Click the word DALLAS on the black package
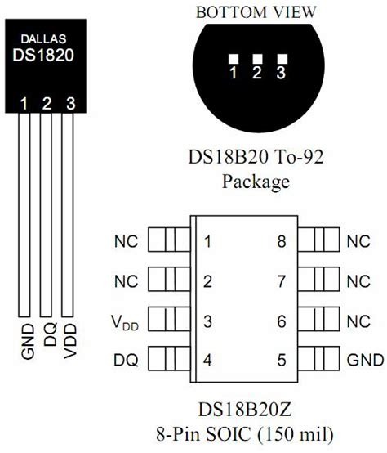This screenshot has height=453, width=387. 43,39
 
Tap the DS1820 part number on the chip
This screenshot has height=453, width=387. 43,55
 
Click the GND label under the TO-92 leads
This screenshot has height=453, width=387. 29,342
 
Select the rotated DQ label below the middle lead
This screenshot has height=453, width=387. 50,334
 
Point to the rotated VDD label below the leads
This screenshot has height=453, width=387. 70,341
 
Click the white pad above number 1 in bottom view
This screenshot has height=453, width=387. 234,59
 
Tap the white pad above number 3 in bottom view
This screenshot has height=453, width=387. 282,59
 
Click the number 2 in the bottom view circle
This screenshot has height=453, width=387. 257,72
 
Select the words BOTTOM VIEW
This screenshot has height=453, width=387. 256,12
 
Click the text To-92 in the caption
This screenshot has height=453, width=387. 299,157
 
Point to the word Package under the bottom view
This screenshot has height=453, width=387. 256,182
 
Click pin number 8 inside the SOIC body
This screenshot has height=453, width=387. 282,241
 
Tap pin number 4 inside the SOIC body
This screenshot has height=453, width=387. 207,360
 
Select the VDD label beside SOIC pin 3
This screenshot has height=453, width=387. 125,322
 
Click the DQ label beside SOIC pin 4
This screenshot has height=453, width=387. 126,361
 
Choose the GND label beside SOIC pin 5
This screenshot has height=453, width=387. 366,360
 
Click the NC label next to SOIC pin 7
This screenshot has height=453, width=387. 358,281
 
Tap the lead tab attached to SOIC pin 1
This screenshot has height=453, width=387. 169,240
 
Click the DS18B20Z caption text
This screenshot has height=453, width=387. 245,410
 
